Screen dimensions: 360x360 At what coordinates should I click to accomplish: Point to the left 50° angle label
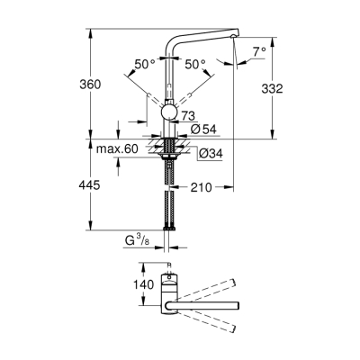click(144, 64)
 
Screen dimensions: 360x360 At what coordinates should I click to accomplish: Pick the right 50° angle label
click(194, 64)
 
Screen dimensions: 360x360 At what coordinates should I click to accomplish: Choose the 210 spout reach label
click(201, 189)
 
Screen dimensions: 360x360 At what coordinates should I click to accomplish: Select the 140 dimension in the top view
click(119, 283)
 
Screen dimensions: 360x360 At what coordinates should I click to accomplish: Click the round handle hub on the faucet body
click(167, 112)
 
